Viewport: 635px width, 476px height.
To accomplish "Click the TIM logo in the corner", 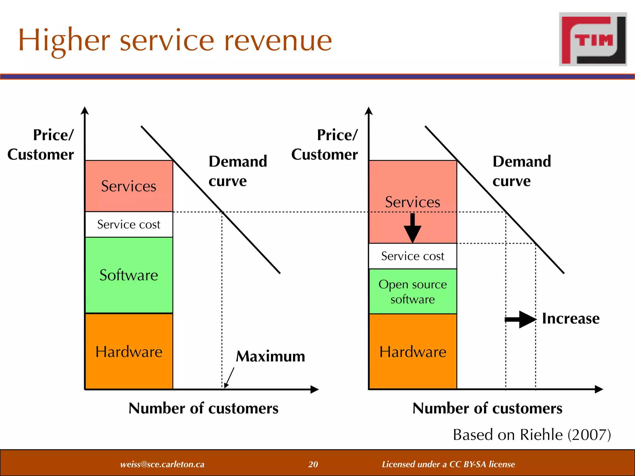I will pos(593,39).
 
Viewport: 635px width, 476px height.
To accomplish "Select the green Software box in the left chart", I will pos(129,275).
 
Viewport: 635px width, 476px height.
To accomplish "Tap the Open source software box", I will pos(413,291).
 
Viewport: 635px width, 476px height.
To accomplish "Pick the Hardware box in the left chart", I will pos(129,351).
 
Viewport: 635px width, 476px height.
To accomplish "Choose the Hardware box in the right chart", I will pos(413,351).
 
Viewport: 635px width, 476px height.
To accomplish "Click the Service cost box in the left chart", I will pos(129,224).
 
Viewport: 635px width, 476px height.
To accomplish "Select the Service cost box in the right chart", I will pos(413,256).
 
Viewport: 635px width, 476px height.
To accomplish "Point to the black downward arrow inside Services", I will pos(412,228).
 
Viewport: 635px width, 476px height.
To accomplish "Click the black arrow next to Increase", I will pos(520,319).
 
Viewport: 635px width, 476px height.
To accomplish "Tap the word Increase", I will pos(571,319).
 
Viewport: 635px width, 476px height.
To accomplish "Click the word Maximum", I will pos(270,356).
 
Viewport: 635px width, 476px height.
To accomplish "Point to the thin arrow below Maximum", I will pos(229,377).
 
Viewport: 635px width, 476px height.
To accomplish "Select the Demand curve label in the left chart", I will pos(238,171).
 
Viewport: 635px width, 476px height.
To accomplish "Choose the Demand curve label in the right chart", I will pos(522,171).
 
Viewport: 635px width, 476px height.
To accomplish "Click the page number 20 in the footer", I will pos(313,464).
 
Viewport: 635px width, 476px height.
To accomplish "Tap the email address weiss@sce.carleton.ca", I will pos(162,464).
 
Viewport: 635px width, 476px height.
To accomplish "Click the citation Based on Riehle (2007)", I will pos(532,434).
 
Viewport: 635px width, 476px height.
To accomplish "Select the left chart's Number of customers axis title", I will pos(203,408).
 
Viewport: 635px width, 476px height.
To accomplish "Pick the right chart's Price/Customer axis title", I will pos(325,144).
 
